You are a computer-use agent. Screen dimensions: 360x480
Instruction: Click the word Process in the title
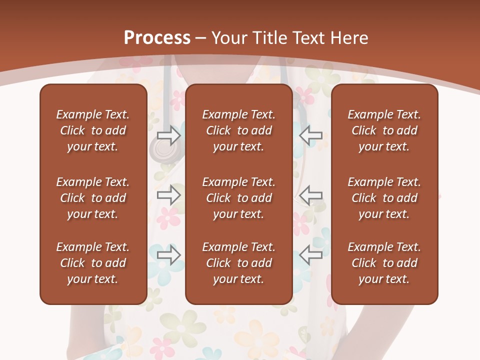157,38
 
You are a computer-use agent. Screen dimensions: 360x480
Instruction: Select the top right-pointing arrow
168,135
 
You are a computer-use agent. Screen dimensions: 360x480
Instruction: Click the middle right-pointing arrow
168,195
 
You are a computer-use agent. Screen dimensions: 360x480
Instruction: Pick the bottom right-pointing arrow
168,254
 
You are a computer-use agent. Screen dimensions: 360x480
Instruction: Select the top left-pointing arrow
310,135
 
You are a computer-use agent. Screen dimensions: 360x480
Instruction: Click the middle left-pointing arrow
310,195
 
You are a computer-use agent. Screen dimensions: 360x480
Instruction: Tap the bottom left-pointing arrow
310,254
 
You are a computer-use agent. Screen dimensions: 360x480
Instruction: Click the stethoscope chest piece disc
161,149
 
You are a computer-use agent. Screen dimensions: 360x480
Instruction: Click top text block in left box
93,130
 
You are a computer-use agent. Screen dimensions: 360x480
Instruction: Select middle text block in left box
93,198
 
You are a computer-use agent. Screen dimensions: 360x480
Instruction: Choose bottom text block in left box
93,263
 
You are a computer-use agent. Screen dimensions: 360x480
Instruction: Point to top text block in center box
238,130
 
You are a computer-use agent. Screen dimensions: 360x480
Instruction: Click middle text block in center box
238,198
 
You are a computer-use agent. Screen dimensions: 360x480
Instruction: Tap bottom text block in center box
238,263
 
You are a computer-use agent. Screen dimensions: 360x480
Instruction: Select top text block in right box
384,130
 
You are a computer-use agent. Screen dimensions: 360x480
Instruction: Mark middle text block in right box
384,198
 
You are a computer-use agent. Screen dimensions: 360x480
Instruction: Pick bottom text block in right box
384,263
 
